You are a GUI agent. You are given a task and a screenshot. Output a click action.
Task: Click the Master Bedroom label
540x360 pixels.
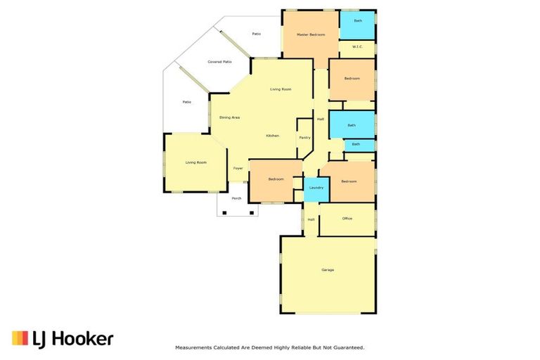(310, 34)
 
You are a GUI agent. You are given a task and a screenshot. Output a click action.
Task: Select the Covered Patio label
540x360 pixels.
(219, 62)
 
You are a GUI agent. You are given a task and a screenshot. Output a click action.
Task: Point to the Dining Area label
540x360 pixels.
(229, 117)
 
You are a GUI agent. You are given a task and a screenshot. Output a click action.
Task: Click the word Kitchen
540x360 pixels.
(272, 135)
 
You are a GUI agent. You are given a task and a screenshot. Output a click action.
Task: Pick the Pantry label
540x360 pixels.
(304, 138)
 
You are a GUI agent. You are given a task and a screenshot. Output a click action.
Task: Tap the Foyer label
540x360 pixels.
(238, 169)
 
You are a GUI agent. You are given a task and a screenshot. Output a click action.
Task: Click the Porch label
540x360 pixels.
(236, 198)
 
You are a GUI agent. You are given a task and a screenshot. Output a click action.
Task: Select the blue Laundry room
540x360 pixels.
(316, 188)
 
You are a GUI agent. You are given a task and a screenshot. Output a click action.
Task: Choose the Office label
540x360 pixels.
(347, 219)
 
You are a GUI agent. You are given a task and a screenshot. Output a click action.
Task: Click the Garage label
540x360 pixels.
(328, 270)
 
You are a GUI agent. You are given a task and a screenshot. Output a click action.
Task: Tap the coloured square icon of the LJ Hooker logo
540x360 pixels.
(20, 338)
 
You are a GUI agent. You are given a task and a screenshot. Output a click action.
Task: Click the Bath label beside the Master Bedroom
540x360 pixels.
(358, 21)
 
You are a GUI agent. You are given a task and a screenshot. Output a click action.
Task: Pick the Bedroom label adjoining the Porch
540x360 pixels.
(276, 179)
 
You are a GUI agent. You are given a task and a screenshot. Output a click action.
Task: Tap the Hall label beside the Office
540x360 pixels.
(311, 219)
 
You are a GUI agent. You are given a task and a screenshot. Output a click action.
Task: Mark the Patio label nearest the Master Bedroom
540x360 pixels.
(256, 33)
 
